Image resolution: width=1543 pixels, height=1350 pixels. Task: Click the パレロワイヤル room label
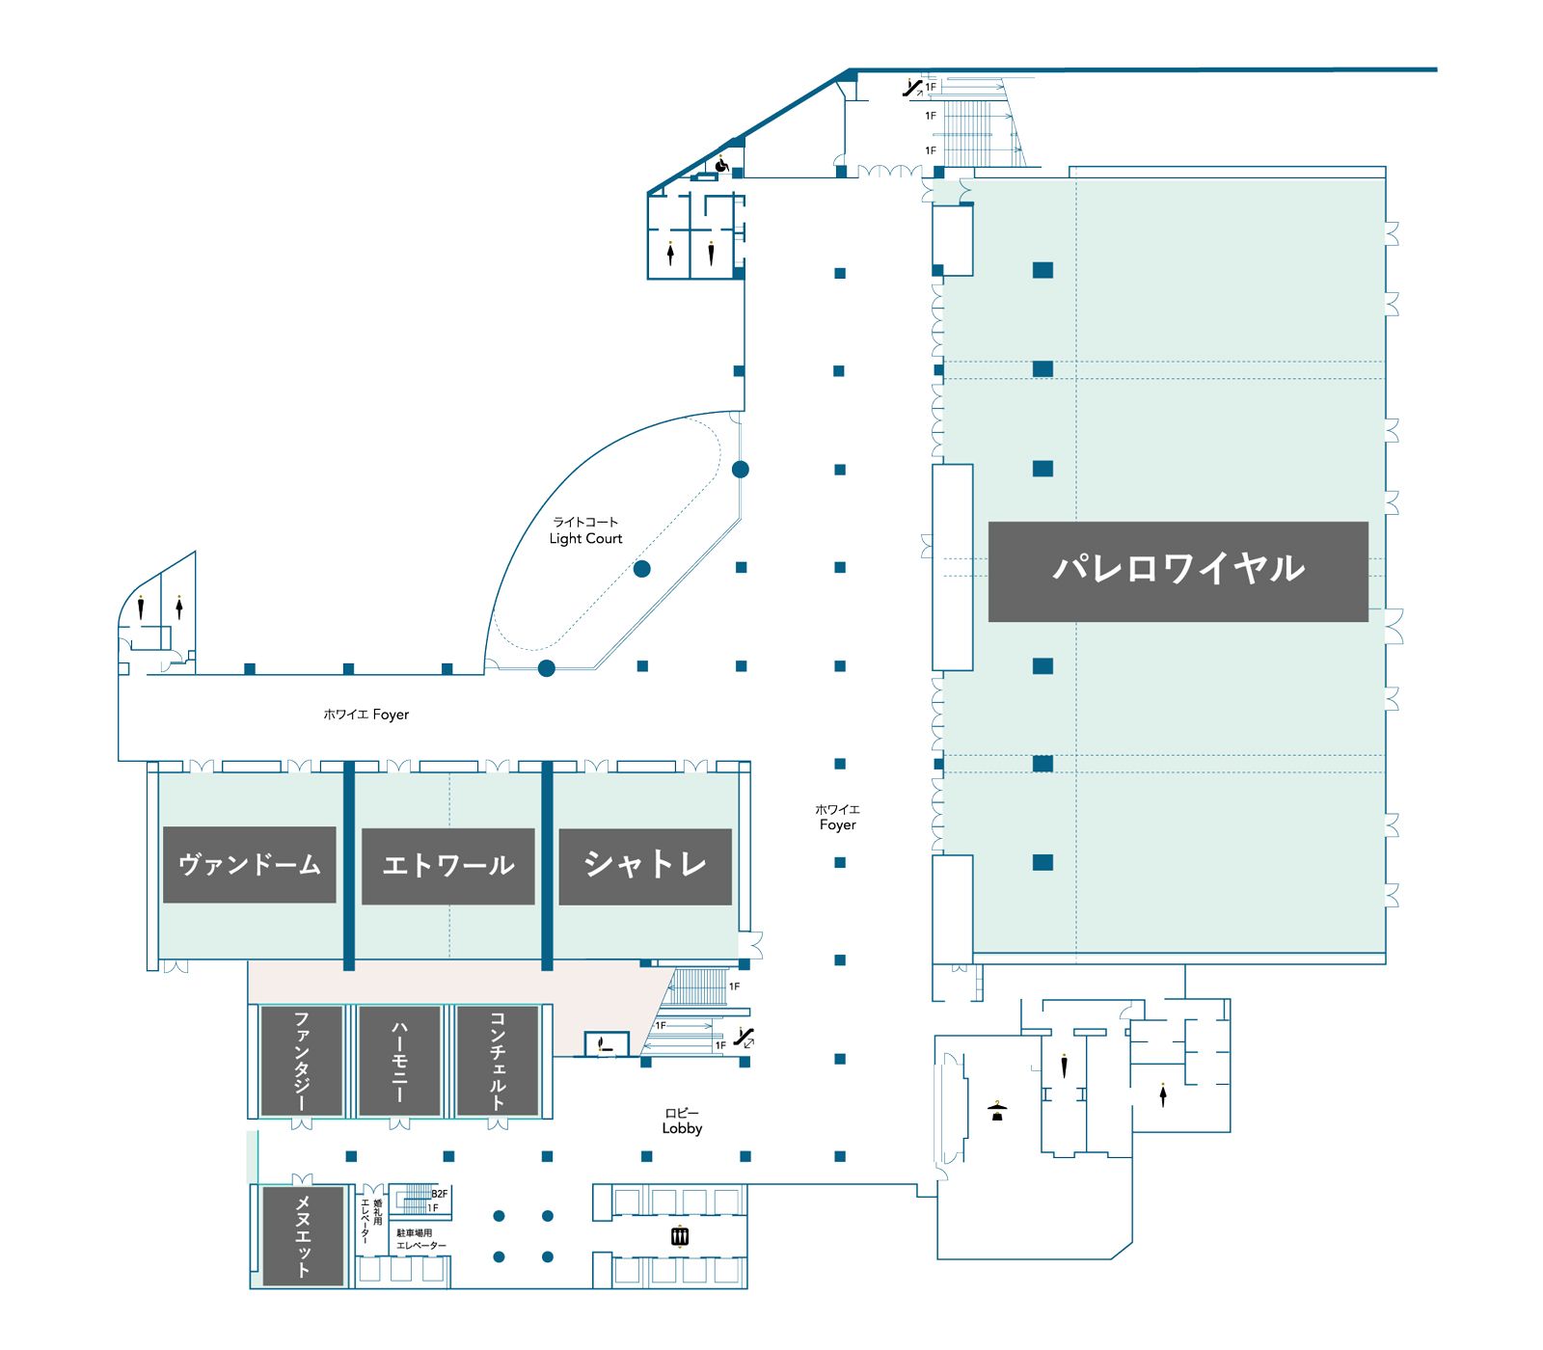[x=1178, y=571]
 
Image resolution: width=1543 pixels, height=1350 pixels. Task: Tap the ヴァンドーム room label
[x=250, y=865]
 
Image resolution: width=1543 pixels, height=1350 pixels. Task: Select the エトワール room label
[x=448, y=866]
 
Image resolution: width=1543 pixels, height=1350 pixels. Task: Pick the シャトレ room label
[x=645, y=866]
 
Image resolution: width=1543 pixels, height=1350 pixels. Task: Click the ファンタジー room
[x=302, y=1061]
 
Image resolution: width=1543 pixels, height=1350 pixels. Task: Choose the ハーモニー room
[x=399, y=1061]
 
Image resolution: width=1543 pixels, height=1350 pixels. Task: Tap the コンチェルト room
[x=498, y=1061]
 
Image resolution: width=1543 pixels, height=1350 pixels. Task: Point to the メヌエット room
[x=303, y=1236]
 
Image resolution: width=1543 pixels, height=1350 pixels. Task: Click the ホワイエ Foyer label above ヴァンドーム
[x=366, y=715]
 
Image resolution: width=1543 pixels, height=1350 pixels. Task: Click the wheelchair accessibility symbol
[x=721, y=165]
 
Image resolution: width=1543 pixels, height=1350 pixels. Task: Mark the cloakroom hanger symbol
[x=997, y=1111]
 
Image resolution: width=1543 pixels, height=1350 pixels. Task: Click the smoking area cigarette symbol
[x=604, y=1044]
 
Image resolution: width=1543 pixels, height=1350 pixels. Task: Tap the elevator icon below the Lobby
[x=680, y=1236]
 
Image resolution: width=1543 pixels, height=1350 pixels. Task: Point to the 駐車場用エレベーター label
[x=420, y=1239]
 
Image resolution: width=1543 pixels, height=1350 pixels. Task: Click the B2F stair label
[x=439, y=1194]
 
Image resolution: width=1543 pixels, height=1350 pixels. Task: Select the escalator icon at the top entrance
[x=911, y=88]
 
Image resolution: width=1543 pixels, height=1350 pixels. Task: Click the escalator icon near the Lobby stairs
[x=744, y=1038]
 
